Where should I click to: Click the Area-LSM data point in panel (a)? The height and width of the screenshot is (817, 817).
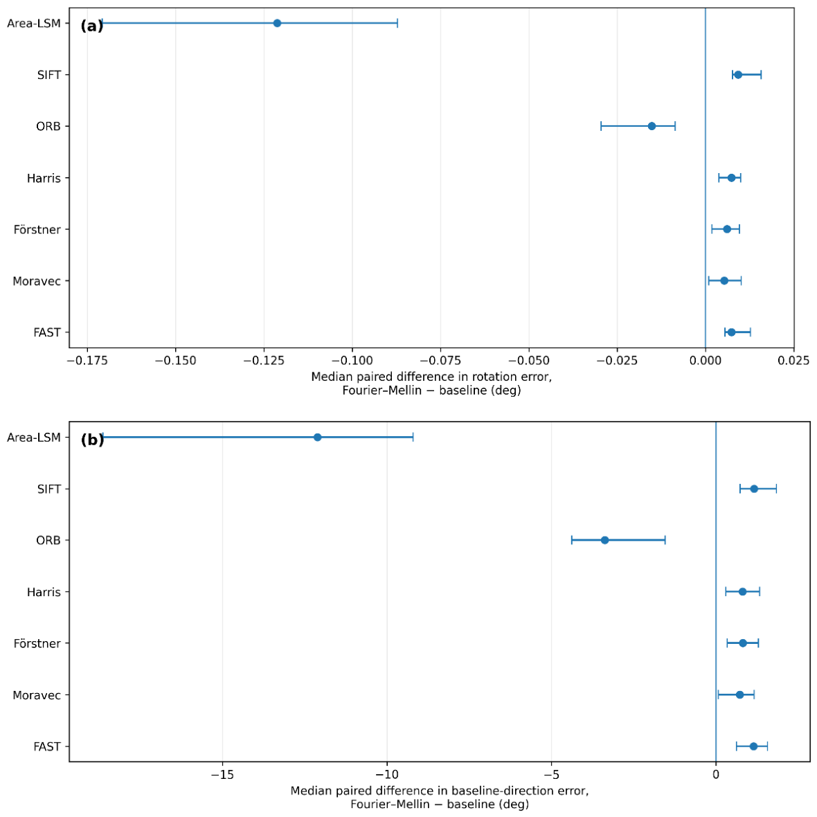tap(277, 23)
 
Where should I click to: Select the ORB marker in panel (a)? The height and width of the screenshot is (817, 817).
tap(652, 126)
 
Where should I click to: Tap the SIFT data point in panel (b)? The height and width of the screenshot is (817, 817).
tap(754, 489)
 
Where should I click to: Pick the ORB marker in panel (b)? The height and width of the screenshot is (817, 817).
tap(604, 540)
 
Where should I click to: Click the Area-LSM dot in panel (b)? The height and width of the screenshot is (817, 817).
tap(317, 437)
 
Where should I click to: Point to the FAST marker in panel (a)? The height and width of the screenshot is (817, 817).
tap(732, 332)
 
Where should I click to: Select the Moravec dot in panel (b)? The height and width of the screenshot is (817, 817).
tap(740, 695)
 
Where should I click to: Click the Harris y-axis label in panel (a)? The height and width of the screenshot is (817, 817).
tap(44, 178)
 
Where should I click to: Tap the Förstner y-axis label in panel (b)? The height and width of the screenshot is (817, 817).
tap(37, 643)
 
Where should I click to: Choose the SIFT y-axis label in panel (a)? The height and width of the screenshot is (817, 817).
tap(49, 75)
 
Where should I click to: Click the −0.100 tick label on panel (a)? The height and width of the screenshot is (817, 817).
tap(352, 361)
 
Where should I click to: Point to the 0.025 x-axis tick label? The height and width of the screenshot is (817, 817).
tap(793, 361)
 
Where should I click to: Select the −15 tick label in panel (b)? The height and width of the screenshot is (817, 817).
tap(222, 775)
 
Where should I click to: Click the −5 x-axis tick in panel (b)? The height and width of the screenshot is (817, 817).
tap(551, 775)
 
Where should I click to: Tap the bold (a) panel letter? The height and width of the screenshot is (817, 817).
tap(91, 26)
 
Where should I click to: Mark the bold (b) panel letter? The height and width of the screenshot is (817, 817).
tap(92, 440)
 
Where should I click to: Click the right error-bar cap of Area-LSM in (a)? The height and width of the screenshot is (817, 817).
tap(397, 23)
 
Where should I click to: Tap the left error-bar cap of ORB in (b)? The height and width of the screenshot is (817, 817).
tap(572, 540)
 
